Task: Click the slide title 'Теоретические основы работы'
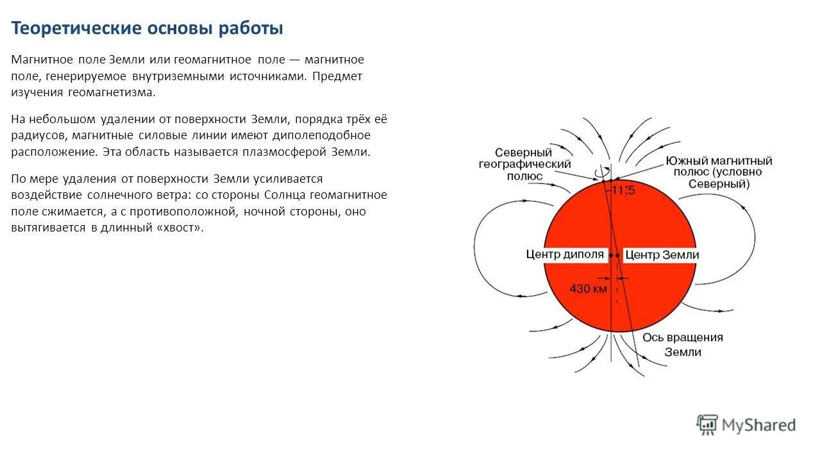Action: [x=147, y=29]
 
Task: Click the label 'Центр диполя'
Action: [x=565, y=255]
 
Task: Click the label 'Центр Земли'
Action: [x=662, y=255]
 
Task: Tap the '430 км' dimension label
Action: [x=588, y=289]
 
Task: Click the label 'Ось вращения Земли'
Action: [x=682, y=344]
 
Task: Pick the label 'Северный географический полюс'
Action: [x=524, y=164]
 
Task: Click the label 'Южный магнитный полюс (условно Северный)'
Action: [x=718, y=172]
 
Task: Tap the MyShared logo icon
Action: [x=707, y=424]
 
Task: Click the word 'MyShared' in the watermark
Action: [x=758, y=425]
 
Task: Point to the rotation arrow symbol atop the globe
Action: [x=601, y=172]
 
